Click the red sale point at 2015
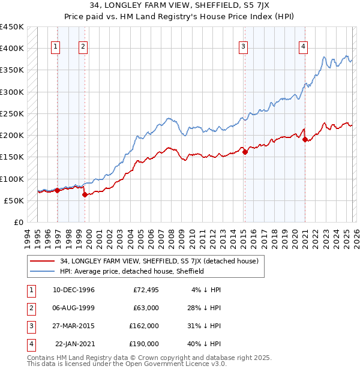245,152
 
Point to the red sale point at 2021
305,139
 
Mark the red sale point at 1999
85,194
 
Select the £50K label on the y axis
14,200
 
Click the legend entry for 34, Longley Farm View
159,261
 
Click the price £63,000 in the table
144,308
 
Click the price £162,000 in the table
144,326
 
